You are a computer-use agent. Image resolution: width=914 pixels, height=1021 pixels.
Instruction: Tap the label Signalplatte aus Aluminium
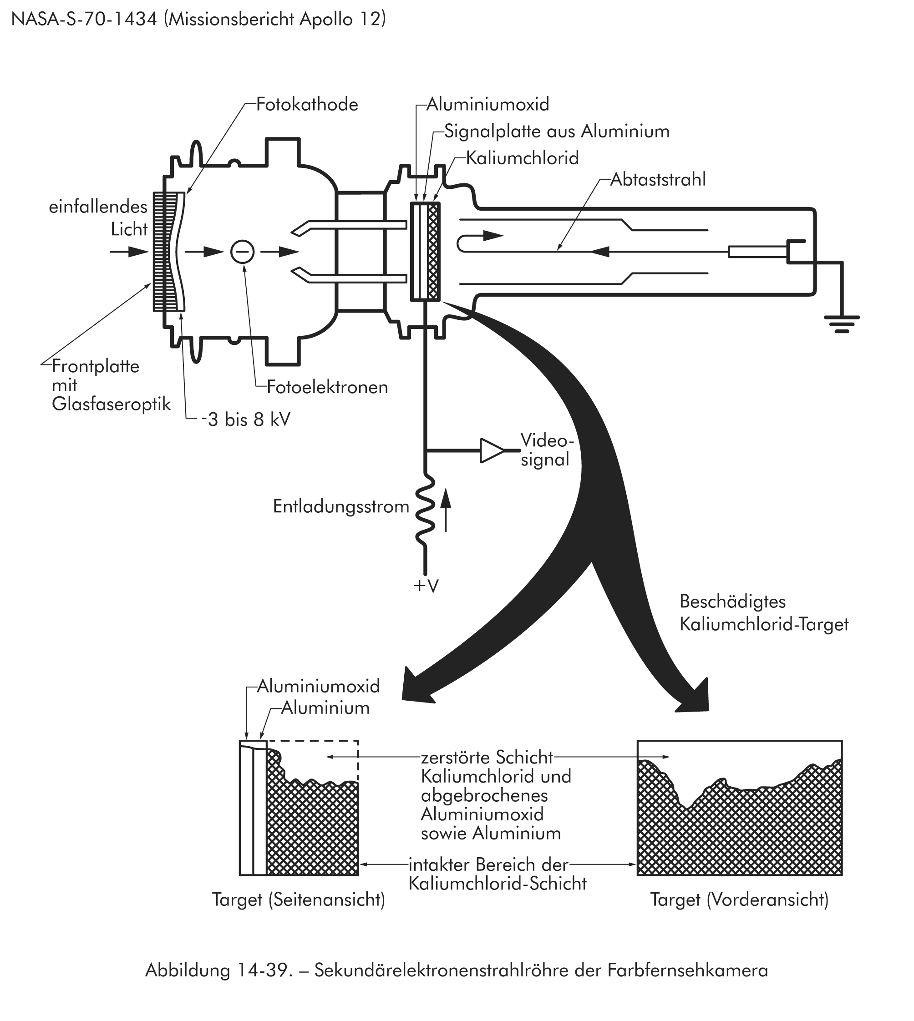point(556,131)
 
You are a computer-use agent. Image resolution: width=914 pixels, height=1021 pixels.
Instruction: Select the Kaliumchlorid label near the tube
point(522,158)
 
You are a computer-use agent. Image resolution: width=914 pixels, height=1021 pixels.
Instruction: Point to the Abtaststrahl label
point(658,179)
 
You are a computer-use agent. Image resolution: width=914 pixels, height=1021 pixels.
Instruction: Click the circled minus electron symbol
point(242,252)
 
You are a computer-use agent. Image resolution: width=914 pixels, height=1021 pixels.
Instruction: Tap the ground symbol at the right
point(842,324)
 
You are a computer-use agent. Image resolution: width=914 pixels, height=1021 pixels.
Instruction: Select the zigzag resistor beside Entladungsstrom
point(425,510)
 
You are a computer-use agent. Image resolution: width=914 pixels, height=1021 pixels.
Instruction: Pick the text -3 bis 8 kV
point(246,420)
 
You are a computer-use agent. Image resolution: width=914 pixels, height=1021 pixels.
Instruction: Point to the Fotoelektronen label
point(327,387)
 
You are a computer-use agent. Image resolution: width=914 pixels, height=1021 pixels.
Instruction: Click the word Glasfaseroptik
point(111,404)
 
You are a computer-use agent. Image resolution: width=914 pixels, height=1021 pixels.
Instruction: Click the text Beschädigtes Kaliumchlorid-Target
point(763,613)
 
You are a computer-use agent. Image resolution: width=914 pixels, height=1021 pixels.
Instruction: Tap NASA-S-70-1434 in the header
point(84,19)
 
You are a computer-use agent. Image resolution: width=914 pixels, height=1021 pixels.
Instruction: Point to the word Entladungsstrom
point(341,506)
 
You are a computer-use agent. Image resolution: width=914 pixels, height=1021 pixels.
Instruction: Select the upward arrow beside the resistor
point(446,512)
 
